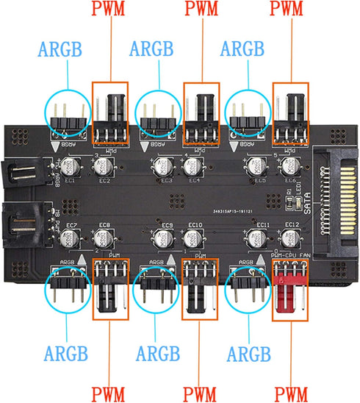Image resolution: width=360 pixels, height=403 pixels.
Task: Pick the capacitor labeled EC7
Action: (x=69, y=238)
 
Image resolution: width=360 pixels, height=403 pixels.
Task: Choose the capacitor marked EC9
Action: (x=160, y=238)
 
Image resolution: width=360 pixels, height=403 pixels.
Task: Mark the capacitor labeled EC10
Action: (x=193, y=238)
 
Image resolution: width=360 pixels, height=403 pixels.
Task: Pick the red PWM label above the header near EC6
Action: (x=289, y=10)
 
